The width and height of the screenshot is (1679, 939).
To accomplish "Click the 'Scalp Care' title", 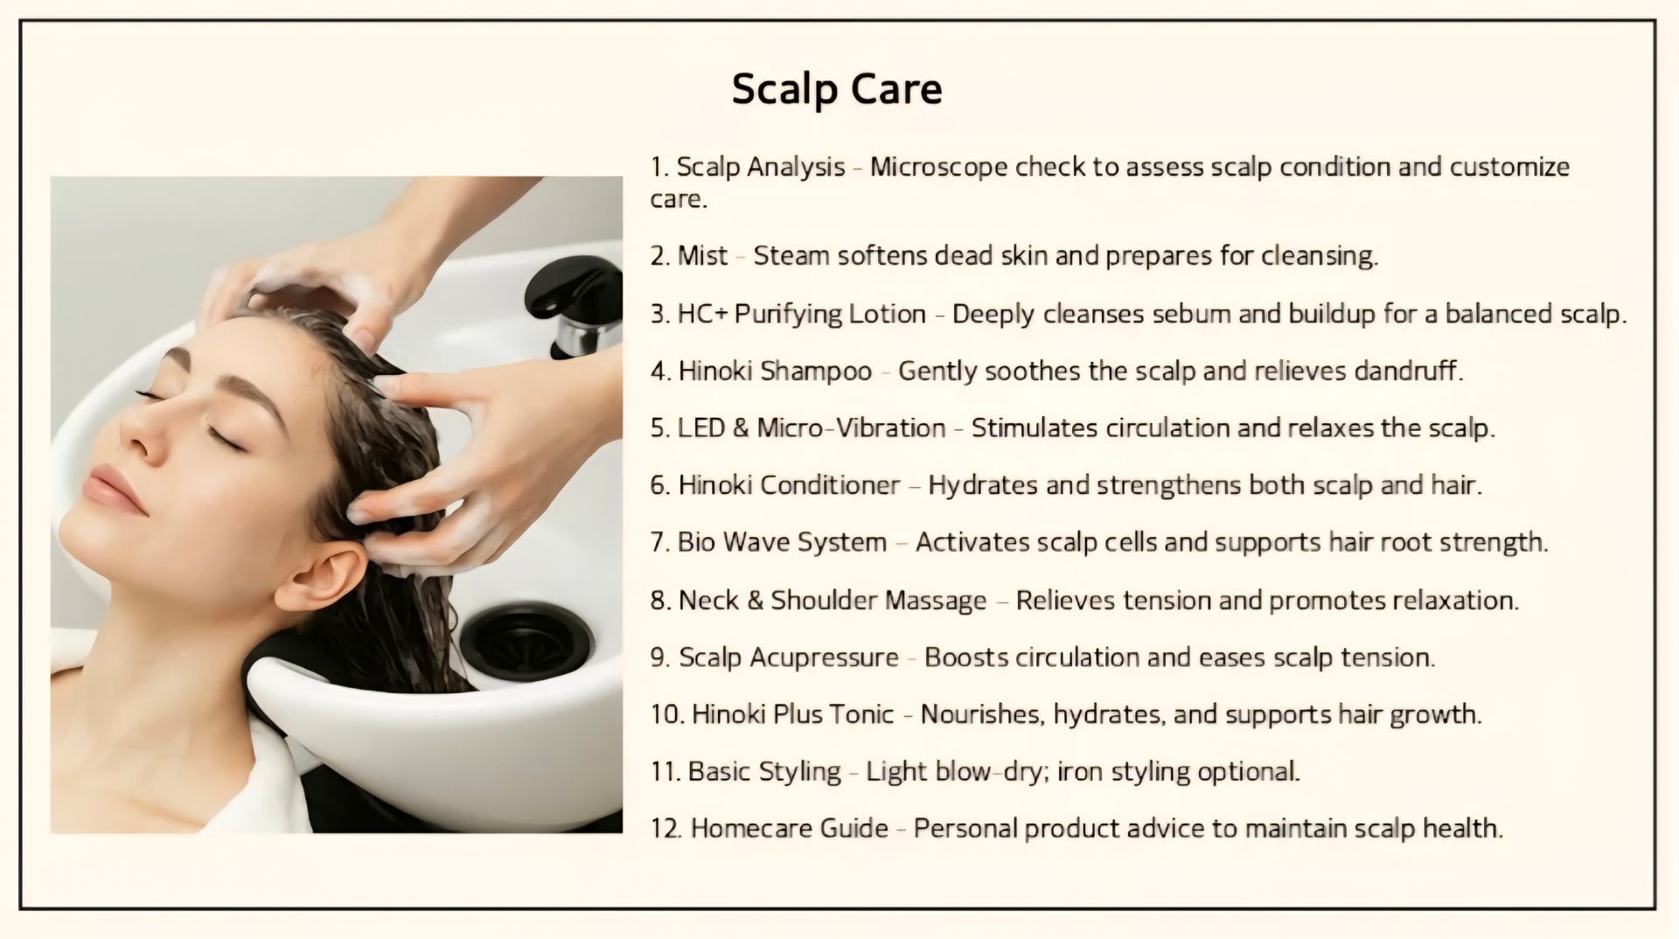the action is (837, 89).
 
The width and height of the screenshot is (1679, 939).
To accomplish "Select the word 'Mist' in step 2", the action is (702, 255).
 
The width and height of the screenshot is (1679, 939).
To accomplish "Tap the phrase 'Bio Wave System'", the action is (782, 542).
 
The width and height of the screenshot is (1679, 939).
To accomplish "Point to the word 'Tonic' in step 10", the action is (860, 713).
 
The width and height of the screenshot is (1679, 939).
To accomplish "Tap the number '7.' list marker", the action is (660, 542).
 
